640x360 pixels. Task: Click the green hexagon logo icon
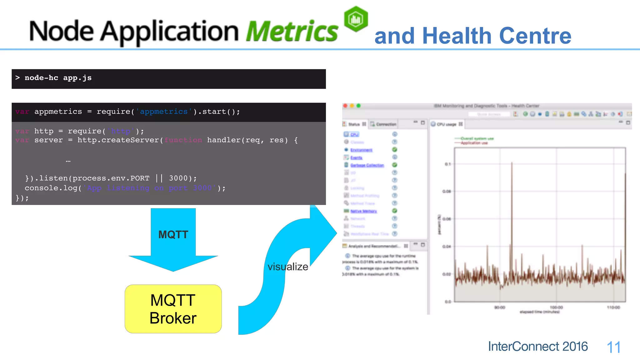click(356, 19)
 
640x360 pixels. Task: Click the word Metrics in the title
click(292, 31)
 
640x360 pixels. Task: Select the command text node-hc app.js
click(58, 78)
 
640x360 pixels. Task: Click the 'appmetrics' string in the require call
click(164, 112)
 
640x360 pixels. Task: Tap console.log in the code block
click(51, 188)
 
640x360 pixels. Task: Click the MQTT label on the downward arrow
click(173, 234)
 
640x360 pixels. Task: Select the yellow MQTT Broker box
click(173, 309)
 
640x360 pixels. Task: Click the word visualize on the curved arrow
click(288, 267)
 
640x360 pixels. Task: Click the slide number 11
click(613, 347)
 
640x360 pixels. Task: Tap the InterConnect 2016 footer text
click(538, 346)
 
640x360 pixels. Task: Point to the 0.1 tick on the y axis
click(448, 164)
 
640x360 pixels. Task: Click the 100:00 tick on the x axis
click(556, 307)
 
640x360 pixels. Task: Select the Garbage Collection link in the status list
click(367, 165)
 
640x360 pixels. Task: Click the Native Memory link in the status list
click(363, 211)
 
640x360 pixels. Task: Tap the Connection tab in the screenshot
click(386, 124)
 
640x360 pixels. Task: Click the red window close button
click(345, 106)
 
